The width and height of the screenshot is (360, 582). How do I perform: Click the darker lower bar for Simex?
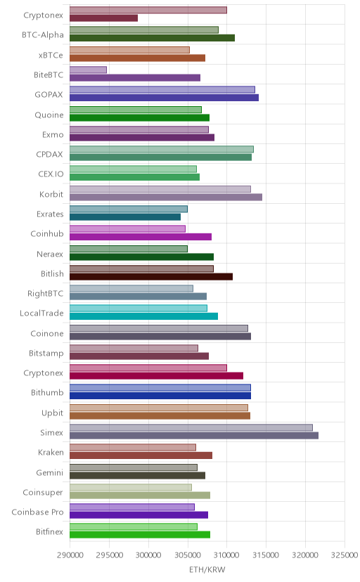click(194, 435)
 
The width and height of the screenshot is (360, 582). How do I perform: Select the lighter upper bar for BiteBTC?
click(88, 70)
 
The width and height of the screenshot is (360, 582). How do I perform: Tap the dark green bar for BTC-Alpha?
click(152, 38)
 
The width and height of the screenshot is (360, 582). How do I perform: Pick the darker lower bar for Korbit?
click(166, 197)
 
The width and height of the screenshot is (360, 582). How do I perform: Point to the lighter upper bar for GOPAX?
click(162, 90)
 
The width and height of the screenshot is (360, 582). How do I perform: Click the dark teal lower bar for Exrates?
click(125, 217)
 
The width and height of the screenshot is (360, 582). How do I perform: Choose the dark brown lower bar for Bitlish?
click(151, 276)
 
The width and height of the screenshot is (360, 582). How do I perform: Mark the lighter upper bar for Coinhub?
click(127, 229)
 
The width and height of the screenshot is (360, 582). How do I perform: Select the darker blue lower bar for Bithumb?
click(160, 396)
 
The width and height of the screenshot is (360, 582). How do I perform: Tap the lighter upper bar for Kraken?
click(133, 448)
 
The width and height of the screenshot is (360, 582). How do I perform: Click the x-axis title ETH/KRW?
click(207, 570)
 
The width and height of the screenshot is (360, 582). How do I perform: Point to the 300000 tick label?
click(148, 555)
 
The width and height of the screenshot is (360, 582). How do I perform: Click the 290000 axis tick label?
click(70, 555)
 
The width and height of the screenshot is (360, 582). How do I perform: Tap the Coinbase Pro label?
click(37, 512)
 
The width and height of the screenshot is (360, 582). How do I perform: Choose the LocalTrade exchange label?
click(41, 313)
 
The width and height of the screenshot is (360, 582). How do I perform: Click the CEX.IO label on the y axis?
click(51, 174)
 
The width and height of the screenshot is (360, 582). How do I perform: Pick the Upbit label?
click(52, 413)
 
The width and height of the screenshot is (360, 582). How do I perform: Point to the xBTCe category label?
click(51, 56)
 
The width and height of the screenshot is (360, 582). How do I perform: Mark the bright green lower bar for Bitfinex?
click(140, 535)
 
